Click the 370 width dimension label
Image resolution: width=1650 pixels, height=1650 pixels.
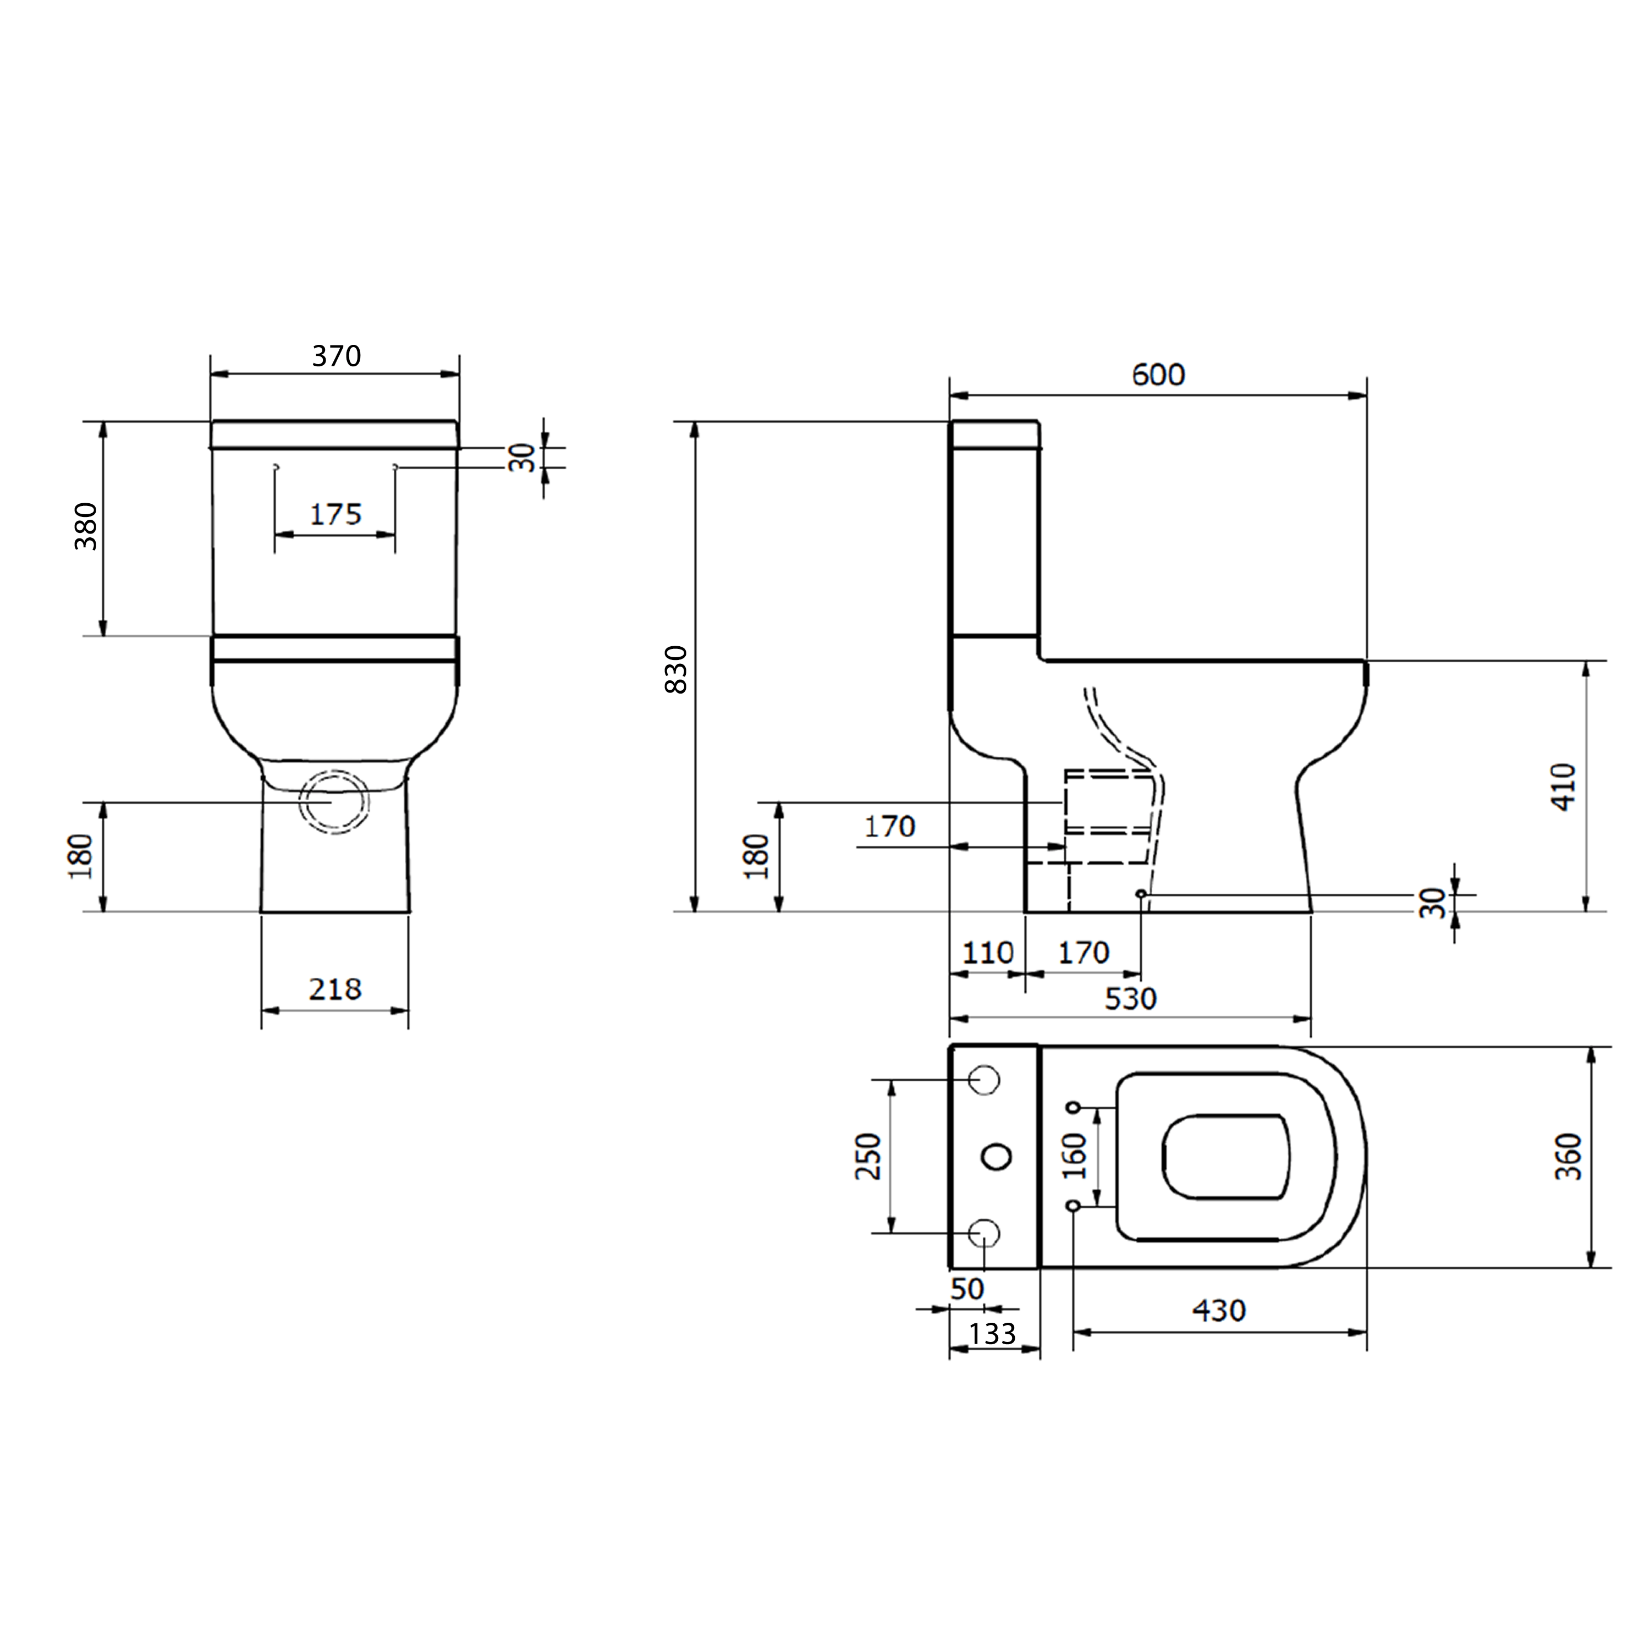(335, 355)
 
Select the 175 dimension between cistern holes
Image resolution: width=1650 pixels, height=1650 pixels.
(335, 514)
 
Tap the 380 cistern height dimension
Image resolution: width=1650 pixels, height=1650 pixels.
(86, 526)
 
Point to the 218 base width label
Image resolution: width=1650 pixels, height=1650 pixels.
(335, 989)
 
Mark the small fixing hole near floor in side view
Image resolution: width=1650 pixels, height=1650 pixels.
(1141, 893)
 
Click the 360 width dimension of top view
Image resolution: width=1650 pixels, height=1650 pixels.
(1568, 1156)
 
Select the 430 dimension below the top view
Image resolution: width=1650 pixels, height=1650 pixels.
(1219, 1310)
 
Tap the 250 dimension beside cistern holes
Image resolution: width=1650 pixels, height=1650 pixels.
(868, 1156)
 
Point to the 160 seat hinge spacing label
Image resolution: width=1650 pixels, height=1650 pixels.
(1075, 1156)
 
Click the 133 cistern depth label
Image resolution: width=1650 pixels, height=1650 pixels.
(992, 1333)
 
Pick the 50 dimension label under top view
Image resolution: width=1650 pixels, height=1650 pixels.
(967, 1289)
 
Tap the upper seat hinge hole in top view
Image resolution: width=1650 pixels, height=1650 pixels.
(1074, 1108)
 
